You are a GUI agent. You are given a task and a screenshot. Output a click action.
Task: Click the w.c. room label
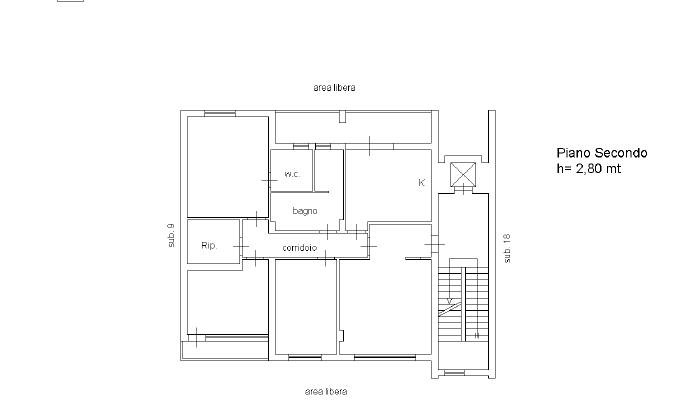pos(292,174)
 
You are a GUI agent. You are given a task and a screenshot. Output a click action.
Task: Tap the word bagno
pos(305,211)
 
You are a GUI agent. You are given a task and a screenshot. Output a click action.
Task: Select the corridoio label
pos(300,248)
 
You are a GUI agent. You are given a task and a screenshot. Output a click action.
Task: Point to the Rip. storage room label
pos(209,245)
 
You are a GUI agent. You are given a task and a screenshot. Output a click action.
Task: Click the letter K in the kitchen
pos(422,183)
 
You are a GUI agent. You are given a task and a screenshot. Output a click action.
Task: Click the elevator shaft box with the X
pos(463,174)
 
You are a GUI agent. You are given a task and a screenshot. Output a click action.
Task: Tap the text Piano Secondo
pos(602,153)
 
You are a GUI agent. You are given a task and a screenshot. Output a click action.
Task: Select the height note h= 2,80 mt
pos(588,169)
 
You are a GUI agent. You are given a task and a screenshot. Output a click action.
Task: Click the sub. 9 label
pos(171,235)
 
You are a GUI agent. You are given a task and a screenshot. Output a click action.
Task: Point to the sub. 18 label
pos(507,248)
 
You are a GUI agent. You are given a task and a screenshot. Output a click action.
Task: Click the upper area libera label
pos(334,87)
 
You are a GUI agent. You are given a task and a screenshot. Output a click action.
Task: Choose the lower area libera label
pos(326,392)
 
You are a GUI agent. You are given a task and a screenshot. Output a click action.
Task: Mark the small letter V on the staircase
pos(450,301)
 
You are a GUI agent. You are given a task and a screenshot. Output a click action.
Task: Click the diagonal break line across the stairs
pos(450,309)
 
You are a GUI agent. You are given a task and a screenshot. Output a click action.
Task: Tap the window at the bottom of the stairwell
pos(454,373)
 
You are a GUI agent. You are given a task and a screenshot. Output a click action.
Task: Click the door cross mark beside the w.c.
pos(269,180)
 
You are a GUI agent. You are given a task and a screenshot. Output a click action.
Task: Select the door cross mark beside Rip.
pos(241,247)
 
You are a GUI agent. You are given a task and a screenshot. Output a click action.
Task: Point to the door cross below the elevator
pos(463,190)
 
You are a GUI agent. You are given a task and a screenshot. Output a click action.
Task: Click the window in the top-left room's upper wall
pos(220,114)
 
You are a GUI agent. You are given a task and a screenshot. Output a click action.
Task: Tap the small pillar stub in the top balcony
pos(342,117)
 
